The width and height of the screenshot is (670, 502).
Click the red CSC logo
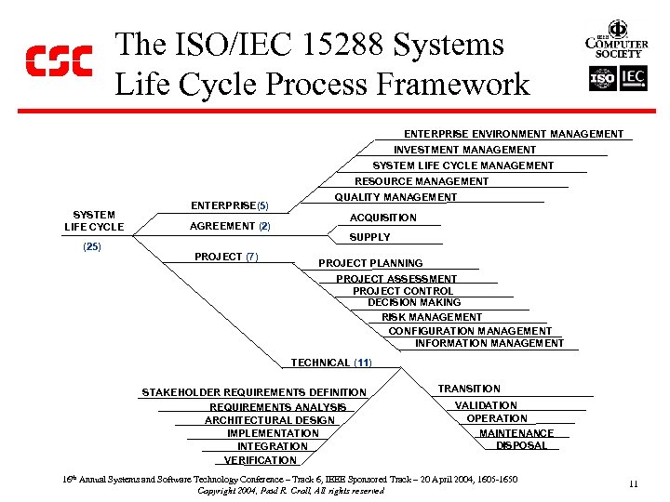(x=58, y=60)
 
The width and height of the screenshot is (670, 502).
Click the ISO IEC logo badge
(x=617, y=79)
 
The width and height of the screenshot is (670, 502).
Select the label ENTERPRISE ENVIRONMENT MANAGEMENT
(x=514, y=134)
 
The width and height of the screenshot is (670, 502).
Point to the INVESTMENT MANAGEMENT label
(x=464, y=150)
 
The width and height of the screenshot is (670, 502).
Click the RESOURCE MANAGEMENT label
(x=422, y=181)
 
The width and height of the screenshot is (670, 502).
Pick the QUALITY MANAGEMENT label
(x=395, y=197)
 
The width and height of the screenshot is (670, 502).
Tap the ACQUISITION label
(x=382, y=218)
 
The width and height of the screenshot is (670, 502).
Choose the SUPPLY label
(x=369, y=237)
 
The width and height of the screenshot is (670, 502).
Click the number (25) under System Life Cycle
(x=92, y=246)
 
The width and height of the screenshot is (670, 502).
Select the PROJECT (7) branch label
(x=226, y=257)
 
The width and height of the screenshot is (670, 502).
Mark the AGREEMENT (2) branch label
(x=230, y=226)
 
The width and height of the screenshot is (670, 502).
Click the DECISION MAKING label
(x=414, y=302)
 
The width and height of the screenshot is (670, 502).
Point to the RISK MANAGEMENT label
(x=432, y=317)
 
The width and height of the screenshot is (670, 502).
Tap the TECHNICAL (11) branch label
(x=331, y=363)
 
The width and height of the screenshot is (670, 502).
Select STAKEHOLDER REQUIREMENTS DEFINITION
(x=254, y=392)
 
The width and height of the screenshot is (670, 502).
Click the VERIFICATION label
(x=261, y=460)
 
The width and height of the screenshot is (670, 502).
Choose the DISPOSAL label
(x=522, y=446)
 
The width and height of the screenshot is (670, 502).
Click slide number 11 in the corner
(x=633, y=483)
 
